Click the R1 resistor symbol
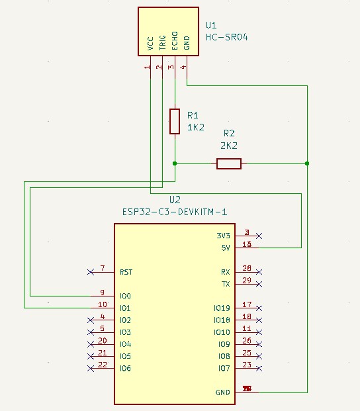(175, 121)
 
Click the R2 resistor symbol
(229, 163)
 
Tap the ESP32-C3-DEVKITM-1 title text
(175, 212)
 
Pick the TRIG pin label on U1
(163, 41)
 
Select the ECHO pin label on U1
(175, 41)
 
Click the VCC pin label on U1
(151, 43)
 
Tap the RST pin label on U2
(126, 272)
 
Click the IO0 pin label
(125, 296)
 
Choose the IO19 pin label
(222, 308)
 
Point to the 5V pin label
(225, 248)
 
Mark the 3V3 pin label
(224, 236)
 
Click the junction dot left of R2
(175, 163)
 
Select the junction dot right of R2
(307, 163)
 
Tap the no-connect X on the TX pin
(259, 284)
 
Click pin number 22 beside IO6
(103, 365)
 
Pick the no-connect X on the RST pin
(90, 272)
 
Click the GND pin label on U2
(223, 392)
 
